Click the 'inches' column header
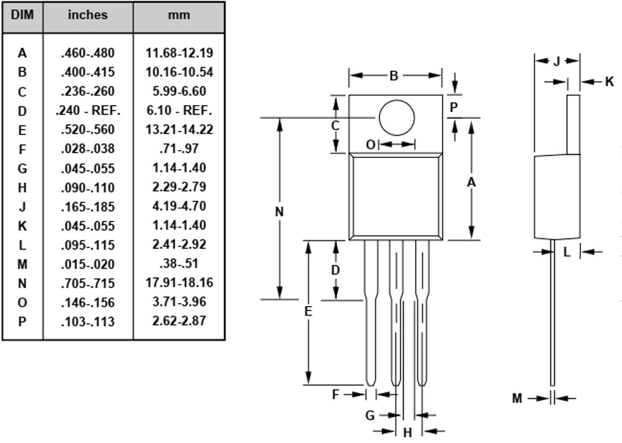(88, 15)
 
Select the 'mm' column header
(179, 15)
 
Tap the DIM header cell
(22, 15)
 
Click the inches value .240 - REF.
(88, 111)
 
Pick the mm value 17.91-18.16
(179, 283)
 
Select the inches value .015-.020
(88, 264)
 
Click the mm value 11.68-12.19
(179, 53)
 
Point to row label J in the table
(22, 207)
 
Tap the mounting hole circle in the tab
(396, 117)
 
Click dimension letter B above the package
(394, 76)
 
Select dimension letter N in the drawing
(279, 212)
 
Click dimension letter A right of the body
(471, 182)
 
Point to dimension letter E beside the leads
(308, 312)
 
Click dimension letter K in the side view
(609, 82)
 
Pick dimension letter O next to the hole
(370, 144)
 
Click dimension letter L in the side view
(567, 252)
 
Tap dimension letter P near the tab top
(454, 107)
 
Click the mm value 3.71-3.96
(179, 302)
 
